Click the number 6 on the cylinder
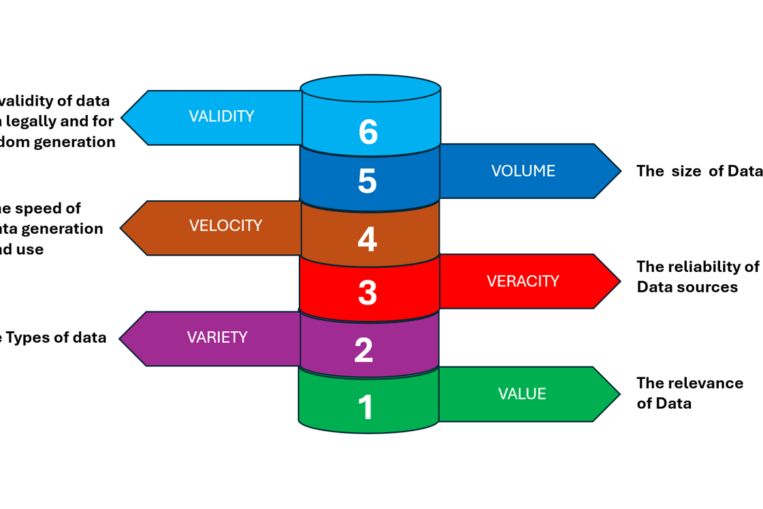click(x=368, y=132)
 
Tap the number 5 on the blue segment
click(x=367, y=181)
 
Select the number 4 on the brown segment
click(x=367, y=239)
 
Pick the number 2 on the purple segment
click(x=363, y=350)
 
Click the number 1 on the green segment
click(x=366, y=407)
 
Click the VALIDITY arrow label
click(x=221, y=117)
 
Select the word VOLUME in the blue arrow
click(x=523, y=171)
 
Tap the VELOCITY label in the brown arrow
click(x=225, y=226)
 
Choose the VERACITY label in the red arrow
click(x=523, y=281)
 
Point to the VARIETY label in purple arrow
click(x=217, y=337)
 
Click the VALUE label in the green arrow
click(x=522, y=395)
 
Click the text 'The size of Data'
click(x=699, y=171)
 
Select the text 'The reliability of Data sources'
click(x=697, y=277)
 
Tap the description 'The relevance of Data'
click(x=689, y=393)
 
